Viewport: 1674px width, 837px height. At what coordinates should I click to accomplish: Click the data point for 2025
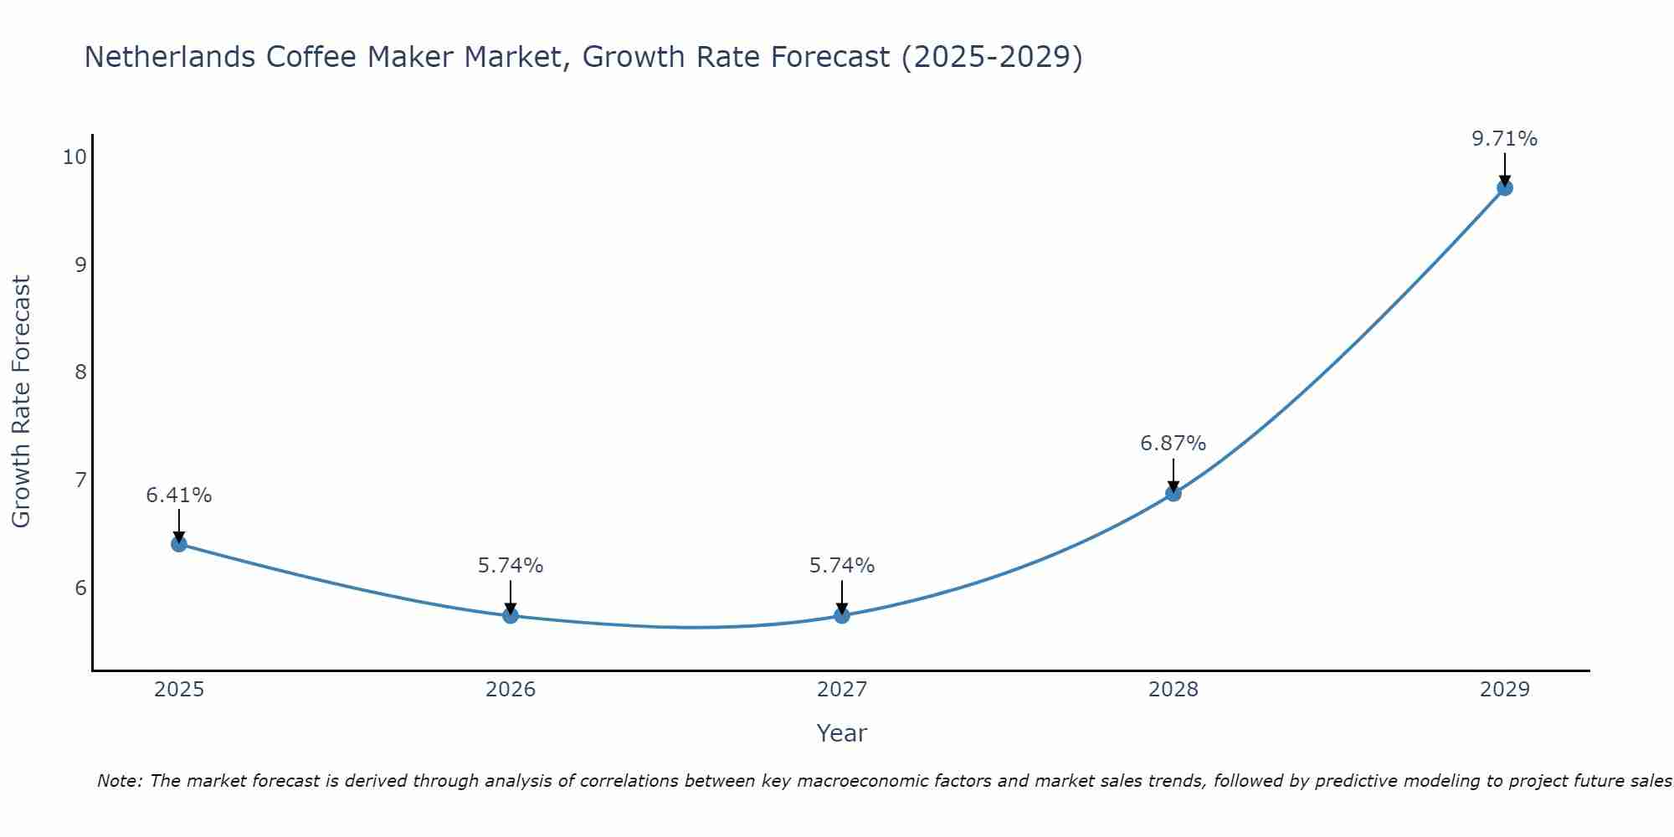179,544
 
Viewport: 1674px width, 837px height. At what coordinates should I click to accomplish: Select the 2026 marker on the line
511,616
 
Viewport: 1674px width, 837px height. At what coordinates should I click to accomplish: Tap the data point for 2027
842,616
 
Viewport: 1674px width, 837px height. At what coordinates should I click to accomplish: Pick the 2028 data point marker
1173,494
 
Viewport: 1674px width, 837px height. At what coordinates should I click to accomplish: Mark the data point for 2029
1505,187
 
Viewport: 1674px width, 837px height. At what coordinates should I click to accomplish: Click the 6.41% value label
179,496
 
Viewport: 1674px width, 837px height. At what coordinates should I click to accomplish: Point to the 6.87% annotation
1173,444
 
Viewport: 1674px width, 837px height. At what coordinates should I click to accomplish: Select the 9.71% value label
1505,139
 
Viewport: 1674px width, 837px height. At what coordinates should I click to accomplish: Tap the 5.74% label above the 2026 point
511,566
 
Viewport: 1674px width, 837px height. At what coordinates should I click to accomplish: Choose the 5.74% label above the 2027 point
842,566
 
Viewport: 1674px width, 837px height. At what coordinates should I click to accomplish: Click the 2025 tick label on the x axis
179,690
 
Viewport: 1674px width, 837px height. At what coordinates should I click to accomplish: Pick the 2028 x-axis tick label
1173,690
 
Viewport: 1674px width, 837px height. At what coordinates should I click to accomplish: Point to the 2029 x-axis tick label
1505,690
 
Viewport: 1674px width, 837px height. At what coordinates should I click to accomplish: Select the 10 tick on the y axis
74,157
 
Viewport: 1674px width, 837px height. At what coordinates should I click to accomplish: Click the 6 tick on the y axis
80,588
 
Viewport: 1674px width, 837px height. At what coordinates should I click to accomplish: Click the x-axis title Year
842,733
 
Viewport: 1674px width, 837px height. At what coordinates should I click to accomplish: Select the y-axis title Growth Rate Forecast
21,402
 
